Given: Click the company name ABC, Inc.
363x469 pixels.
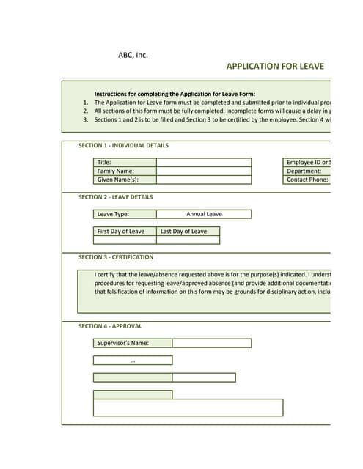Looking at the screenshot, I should click(x=133, y=55).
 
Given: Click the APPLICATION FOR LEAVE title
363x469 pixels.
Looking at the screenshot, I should click(x=275, y=67).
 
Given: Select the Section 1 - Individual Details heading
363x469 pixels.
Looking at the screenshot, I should click(x=123, y=146).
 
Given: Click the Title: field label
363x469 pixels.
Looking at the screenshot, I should click(x=104, y=163).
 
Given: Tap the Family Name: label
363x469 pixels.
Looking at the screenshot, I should click(x=115, y=171).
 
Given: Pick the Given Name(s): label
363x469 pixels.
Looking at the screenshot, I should click(x=117, y=180).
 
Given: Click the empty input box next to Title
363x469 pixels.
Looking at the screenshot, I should click(x=203, y=163).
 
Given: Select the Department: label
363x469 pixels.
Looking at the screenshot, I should click(x=304, y=171).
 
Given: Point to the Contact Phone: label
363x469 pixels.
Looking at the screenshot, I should click(x=307, y=180).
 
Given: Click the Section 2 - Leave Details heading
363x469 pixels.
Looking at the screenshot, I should click(x=116, y=197).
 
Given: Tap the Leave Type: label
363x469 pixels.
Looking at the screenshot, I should click(x=113, y=214).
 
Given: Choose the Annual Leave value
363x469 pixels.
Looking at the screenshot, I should click(x=204, y=214).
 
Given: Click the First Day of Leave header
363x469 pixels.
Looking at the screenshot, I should click(x=121, y=231).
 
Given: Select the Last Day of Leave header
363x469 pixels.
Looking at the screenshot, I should click(x=183, y=231).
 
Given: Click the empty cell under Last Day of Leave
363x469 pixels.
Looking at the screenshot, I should click(x=188, y=240).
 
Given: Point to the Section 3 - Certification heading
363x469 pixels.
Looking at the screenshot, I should click(x=116, y=257).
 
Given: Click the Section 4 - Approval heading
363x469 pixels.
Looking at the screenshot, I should click(x=110, y=326).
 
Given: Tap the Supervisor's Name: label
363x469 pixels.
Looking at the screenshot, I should click(x=122, y=343).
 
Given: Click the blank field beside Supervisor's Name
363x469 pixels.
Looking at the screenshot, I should click(x=211, y=343).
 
